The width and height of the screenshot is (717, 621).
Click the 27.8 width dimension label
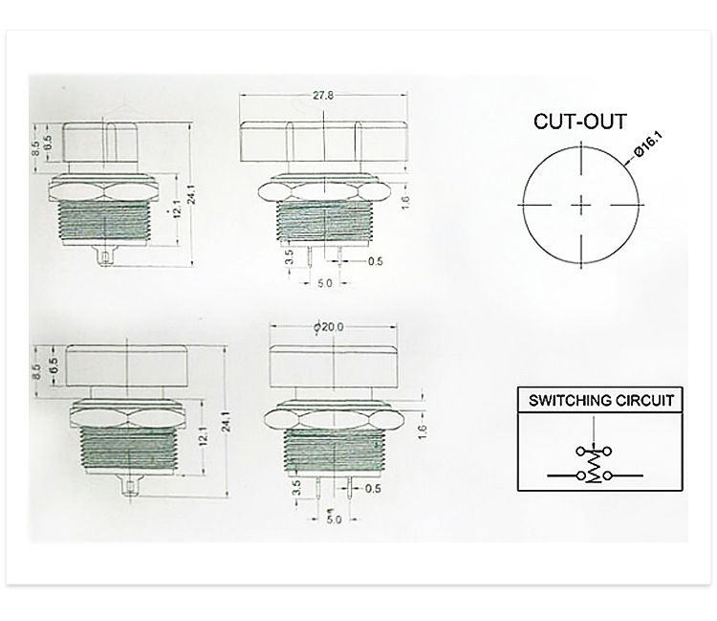(323, 95)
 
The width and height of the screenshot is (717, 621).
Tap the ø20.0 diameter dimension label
(329, 326)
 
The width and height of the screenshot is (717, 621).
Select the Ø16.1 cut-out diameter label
(648, 145)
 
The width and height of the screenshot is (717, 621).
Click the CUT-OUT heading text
(580, 122)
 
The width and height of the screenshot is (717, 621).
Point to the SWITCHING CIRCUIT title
(601, 401)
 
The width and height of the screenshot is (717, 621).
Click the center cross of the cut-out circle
(581, 205)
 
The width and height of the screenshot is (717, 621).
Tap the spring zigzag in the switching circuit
(595, 465)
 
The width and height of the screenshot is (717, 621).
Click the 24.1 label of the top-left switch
(191, 194)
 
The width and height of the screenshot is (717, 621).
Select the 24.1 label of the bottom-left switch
(227, 422)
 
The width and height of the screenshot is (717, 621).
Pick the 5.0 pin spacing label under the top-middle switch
(325, 283)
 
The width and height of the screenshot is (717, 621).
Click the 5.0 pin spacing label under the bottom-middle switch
(334, 520)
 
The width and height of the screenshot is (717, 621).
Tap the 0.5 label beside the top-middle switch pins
(375, 261)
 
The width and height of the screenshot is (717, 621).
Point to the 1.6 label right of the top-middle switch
(405, 202)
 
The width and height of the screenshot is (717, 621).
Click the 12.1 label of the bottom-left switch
(204, 435)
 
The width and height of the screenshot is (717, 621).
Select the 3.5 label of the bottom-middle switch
(296, 488)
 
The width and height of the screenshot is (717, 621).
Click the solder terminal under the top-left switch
(105, 255)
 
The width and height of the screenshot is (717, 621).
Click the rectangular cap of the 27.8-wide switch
(323, 142)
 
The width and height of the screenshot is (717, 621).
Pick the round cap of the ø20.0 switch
(333, 366)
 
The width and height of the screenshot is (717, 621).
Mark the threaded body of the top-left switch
(105, 222)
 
